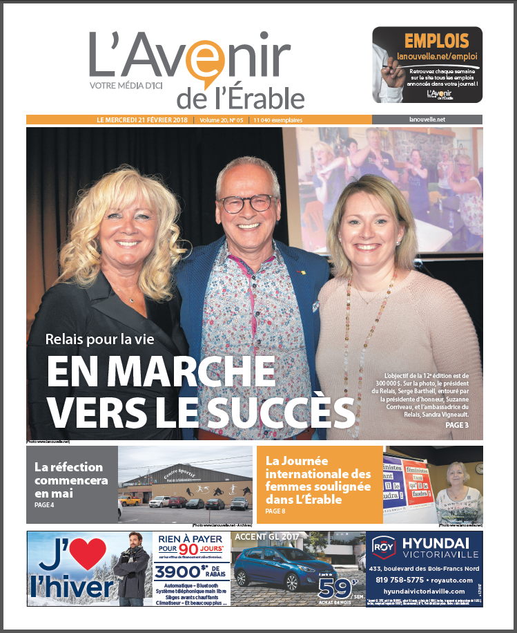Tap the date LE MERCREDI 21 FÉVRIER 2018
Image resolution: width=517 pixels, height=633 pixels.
point(144,120)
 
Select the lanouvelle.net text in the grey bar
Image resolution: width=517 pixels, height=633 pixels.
point(427,120)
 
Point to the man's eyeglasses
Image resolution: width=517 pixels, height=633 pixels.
point(246,202)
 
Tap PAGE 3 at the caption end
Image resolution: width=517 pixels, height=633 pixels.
point(456,426)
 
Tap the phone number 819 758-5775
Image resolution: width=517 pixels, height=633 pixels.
point(393,580)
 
